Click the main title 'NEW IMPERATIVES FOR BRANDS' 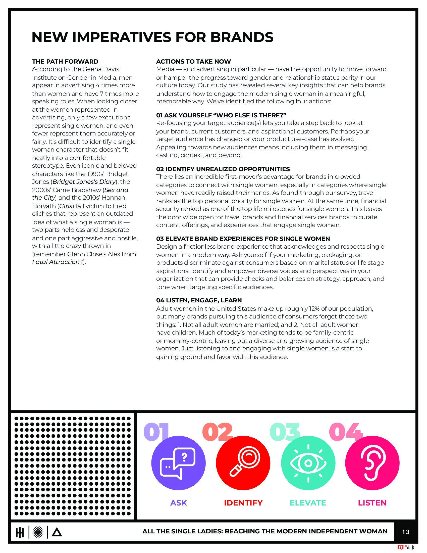click(x=152, y=37)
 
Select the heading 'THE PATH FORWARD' click(x=65, y=62)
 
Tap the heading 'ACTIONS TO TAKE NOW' click(x=193, y=62)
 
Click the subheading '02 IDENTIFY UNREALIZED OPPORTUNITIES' click(x=223, y=169)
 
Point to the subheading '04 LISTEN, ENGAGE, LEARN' click(x=199, y=300)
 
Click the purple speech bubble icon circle click(x=178, y=463)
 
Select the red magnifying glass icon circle click(x=243, y=463)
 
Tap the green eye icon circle click(x=308, y=463)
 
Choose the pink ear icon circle click(x=372, y=463)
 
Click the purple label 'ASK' click(x=179, y=503)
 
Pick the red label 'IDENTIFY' click(x=243, y=503)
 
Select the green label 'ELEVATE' click(x=308, y=503)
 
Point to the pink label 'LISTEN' click(x=372, y=503)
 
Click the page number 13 click(x=405, y=532)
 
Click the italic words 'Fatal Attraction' click(x=56, y=262)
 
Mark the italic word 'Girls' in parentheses click(x=66, y=206)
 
